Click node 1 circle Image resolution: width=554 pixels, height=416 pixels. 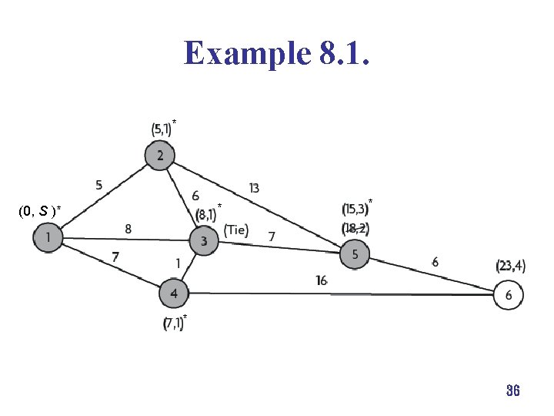pyautogui.click(x=48, y=238)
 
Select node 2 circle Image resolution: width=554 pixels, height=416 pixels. pyautogui.click(x=159, y=156)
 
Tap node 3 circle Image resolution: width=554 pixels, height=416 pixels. pyautogui.click(x=204, y=241)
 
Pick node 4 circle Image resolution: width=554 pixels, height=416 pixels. pyautogui.click(x=174, y=294)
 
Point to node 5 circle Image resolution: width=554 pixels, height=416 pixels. pyautogui.click(x=355, y=253)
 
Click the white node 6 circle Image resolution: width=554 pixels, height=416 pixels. pyautogui.click(x=509, y=295)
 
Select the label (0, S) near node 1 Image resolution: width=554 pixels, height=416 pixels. pyautogui.click(x=39, y=210)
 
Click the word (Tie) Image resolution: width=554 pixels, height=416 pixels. pyautogui.click(x=236, y=229)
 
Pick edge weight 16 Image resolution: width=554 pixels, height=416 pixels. pyautogui.click(x=322, y=280)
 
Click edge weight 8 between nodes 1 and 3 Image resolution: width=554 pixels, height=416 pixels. pyautogui.click(x=128, y=228)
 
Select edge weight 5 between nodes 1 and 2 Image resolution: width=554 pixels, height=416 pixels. pyautogui.click(x=98, y=185)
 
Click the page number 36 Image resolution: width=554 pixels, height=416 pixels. pyautogui.click(x=512, y=391)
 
